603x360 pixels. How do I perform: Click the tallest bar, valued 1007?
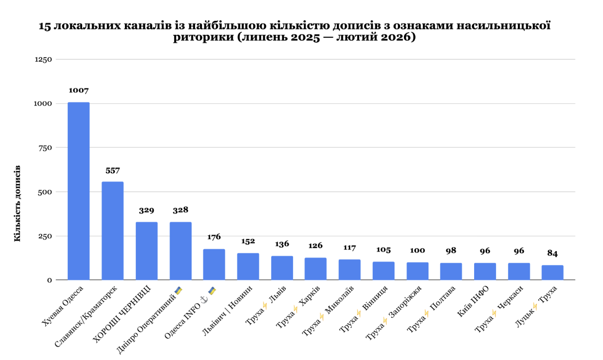pyautogui.click(x=79, y=191)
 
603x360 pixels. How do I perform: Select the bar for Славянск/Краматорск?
pyautogui.click(x=112, y=231)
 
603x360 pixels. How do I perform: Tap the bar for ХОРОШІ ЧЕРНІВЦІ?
pyautogui.click(x=146, y=251)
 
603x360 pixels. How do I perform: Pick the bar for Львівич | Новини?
pyautogui.click(x=248, y=267)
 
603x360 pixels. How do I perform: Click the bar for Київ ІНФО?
pyautogui.click(x=485, y=271)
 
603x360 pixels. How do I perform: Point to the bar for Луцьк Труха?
pyautogui.click(x=552, y=272)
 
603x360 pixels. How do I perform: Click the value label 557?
pyautogui.click(x=112, y=171)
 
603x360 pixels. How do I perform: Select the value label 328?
pyautogui.click(x=180, y=210)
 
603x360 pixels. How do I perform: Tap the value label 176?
pyautogui.click(x=214, y=237)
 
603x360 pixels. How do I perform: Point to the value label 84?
pyautogui.click(x=552, y=254)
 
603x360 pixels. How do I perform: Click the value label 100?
pyautogui.click(x=417, y=251)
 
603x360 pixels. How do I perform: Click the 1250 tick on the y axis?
pyautogui.click(x=43, y=60)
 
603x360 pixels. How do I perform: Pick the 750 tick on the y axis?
pyautogui.click(x=45, y=148)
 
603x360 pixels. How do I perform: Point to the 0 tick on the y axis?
pyautogui.click(x=50, y=280)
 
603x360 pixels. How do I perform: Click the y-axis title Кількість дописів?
pyautogui.click(x=17, y=204)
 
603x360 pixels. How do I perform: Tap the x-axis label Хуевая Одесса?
pyautogui.click(x=62, y=308)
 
